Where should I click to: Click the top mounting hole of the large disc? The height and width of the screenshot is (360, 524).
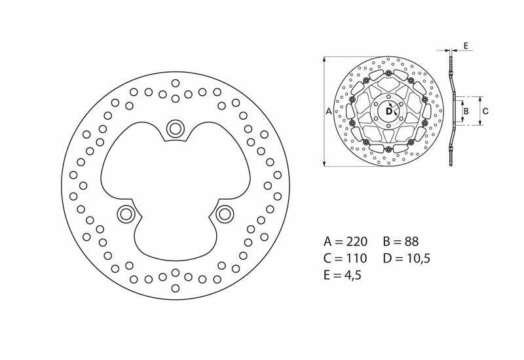pyautogui.click(x=176, y=128)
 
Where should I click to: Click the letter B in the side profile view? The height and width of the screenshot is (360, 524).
pyautogui.click(x=466, y=111)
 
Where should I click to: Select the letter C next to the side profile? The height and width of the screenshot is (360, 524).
pyautogui.click(x=485, y=111)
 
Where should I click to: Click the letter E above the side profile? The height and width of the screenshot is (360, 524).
pyautogui.click(x=464, y=45)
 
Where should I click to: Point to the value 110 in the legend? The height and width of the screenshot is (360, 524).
pyautogui.click(x=356, y=258)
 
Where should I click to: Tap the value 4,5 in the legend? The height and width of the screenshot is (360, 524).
pyautogui.click(x=351, y=276)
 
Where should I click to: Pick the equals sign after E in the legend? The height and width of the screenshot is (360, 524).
pyautogui.click(x=336, y=276)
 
